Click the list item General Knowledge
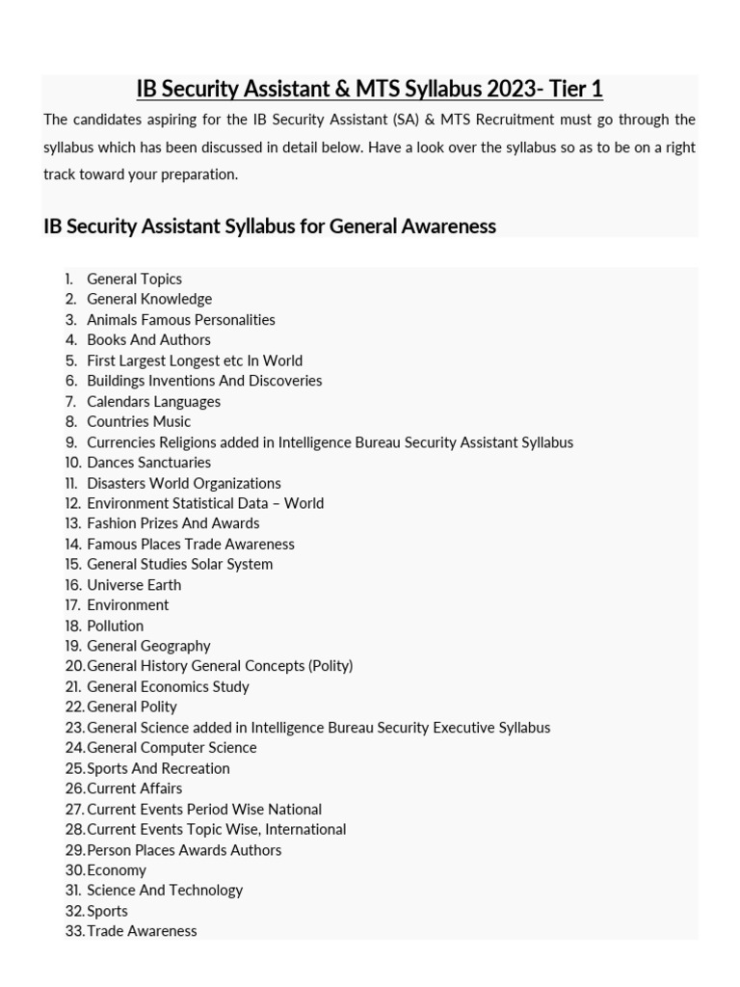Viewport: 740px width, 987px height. click(149, 299)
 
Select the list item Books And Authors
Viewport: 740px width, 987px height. click(148, 339)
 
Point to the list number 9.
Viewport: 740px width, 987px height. click(71, 442)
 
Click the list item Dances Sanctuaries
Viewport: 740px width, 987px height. click(148, 463)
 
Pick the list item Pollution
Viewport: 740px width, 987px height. click(115, 626)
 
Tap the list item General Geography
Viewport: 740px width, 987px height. click(148, 646)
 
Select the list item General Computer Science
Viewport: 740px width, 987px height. click(172, 747)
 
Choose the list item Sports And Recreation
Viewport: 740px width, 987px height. click(158, 768)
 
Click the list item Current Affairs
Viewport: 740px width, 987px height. click(134, 788)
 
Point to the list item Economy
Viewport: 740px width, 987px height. click(117, 869)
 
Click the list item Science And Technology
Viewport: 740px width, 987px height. click(165, 890)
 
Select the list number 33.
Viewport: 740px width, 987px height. click(74, 931)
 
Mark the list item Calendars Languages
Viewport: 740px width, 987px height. click(153, 401)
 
